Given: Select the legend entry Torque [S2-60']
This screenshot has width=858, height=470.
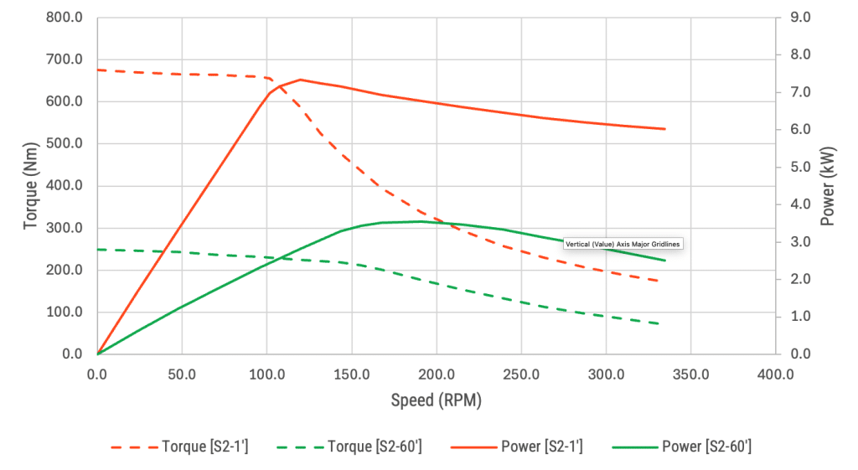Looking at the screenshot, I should [374, 447].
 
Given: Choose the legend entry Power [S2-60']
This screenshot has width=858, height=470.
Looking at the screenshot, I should [706, 447].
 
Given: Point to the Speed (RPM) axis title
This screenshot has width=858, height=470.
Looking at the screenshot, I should [436, 400].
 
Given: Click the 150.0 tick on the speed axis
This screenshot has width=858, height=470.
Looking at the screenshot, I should [352, 372].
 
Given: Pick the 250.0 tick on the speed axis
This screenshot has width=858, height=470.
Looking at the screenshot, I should [521, 372].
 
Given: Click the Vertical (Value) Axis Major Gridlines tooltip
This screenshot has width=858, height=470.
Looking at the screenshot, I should [623, 244].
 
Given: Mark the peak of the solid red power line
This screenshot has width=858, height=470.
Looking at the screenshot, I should [300, 80].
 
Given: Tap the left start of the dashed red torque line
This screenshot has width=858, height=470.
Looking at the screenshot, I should [98, 70].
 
